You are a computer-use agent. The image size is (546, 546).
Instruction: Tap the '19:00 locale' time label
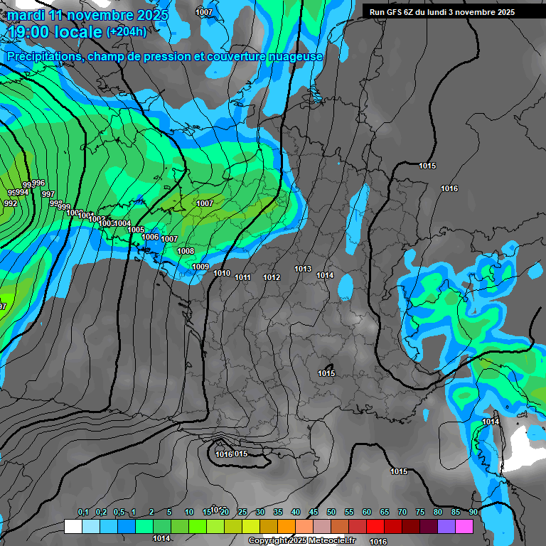click(55, 32)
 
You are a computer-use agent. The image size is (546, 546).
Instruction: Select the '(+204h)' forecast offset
click(127, 32)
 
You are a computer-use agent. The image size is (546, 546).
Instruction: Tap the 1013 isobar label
click(303, 269)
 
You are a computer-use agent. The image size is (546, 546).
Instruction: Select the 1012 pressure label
click(272, 277)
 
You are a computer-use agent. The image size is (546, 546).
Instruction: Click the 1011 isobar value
click(243, 277)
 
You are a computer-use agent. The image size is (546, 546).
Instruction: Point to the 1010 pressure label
click(222, 273)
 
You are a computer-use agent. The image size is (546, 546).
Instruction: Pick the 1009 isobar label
click(200, 267)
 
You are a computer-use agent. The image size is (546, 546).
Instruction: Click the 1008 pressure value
click(186, 251)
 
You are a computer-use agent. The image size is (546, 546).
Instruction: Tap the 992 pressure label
click(11, 203)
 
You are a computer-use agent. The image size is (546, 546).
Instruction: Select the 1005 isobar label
click(136, 230)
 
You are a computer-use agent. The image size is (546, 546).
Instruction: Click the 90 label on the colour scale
click(473, 512)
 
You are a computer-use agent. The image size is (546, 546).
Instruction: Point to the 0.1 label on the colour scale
click(83, 512)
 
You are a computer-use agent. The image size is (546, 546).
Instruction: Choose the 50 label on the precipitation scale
click(331, 512)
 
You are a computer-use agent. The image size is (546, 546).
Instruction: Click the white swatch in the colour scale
click(73, 526)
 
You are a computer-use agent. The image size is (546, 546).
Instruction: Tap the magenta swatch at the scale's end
click(464, 526)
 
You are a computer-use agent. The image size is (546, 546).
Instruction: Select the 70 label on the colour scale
click(402, 512)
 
